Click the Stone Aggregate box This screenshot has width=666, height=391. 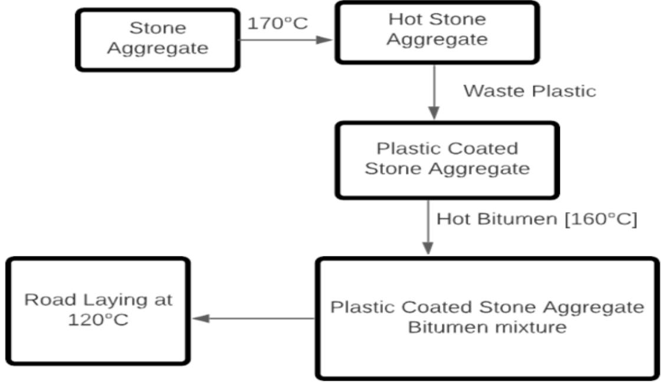158,38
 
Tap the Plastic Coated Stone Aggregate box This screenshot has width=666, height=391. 447,159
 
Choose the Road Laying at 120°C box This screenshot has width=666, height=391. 98,310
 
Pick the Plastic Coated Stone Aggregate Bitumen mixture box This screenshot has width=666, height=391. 487,318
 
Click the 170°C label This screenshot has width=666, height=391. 277,24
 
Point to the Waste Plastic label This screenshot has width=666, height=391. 529,91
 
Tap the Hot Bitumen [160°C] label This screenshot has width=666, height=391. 537,219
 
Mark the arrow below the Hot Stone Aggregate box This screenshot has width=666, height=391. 434,91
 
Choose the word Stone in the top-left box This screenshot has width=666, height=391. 158,28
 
